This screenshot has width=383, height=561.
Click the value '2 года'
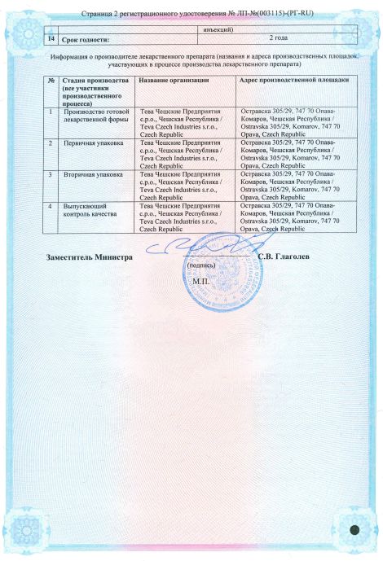280,37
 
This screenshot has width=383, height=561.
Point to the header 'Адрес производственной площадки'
294,80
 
